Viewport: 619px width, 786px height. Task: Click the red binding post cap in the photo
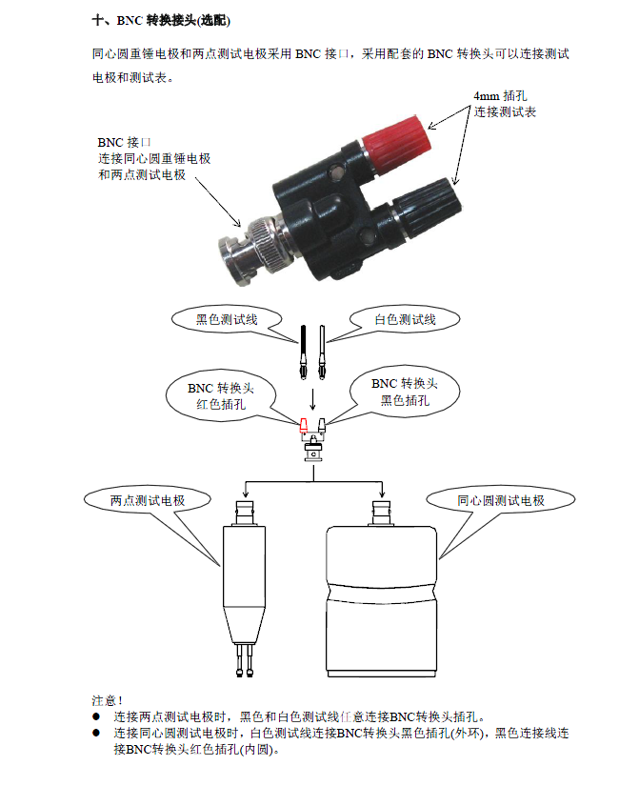pyautogui.click(x=396, y=137)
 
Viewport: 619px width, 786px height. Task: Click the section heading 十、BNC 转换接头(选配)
pyautogui.click(x=161, y=21)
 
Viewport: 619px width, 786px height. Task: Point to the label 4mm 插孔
pyautogui.click(x=500, y=95)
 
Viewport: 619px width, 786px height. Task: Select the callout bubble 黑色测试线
pyautogui.click(x=227, y=319)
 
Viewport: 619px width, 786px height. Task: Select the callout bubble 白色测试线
pyautogui.click(x=405, y=319)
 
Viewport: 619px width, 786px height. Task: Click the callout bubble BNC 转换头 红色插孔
pyautogui.click(x=221, y=396)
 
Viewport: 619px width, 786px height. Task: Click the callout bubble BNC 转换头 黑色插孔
pyautogui.click(x=405, y=392)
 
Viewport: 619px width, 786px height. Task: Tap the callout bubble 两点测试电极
pyautogui.click(x=148, y=500)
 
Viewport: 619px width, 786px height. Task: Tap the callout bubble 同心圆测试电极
pyautogui.click(x=501, y=500)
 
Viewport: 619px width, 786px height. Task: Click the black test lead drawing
pyautogui.click(x=303, y=352)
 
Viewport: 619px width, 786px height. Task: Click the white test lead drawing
pyautogui.click(x=321, y=352)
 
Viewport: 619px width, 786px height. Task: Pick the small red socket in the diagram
pyautogui.click(x=303, y=425)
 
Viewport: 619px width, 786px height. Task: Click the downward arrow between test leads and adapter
pyautogui.click(x=312, y=399)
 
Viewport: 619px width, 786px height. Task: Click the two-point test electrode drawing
pyautogui.click(x=244, y=588)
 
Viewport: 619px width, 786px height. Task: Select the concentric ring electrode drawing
pyautogui.click(x=382, y=588)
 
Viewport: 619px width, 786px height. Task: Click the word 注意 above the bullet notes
pyautogui.click(x=104, y=700)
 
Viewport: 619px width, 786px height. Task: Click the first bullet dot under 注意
pyautogui.click(x=96, y=716)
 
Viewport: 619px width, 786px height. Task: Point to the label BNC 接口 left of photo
pyautogui.click(x=124, y=142)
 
